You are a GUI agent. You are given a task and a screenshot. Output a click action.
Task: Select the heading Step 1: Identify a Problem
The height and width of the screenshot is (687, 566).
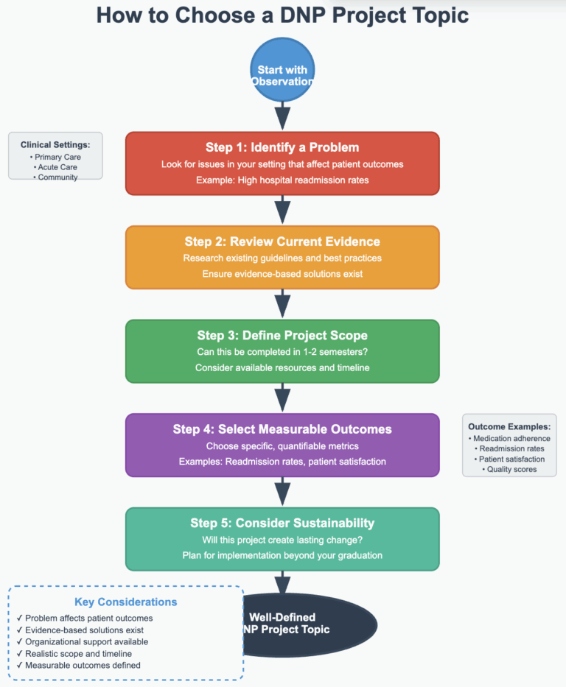point(282,147)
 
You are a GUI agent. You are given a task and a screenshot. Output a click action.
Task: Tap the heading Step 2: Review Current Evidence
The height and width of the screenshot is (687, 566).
point(282,242)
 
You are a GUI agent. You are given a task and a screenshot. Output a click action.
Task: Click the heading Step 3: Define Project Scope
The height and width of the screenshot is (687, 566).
point(282,335)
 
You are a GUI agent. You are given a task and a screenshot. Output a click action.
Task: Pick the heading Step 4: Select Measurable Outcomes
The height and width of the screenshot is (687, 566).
point(282,429)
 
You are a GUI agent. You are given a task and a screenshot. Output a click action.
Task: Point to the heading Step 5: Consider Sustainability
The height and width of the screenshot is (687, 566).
point(282,524)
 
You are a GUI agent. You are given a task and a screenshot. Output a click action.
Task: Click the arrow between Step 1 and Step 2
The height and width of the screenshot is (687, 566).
point(282,210)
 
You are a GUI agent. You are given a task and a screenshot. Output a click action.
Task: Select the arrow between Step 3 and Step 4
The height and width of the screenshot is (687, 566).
point(282,398)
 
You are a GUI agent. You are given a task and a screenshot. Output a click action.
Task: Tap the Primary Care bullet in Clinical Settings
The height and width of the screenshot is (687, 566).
point(55,157)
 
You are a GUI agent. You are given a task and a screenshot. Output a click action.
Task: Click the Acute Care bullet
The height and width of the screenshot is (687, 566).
point(55,167)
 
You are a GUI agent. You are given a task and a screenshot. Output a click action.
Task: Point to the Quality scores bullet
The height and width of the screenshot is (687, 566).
point(509,469)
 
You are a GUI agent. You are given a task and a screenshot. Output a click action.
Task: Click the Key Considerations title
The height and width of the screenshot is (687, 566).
point(126,602)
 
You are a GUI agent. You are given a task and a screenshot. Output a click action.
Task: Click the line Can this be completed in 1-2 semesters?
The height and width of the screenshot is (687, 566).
point(282,352)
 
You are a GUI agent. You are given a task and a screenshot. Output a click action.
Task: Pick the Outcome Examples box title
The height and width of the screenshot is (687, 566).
point(509,426)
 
